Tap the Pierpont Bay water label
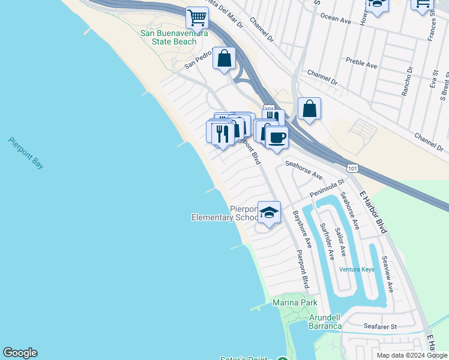coord(26,153)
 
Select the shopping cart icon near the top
coord(196,18)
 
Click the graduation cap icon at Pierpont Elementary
coord(270,212)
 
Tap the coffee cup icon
coord(277,137)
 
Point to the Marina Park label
coord(295,302)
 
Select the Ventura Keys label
coord(356,269)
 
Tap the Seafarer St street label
coord(381,327)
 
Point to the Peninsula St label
coord(327,188)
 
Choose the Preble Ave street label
coord(361,61)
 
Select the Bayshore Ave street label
coord(302,229)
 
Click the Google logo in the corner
coord(20,353)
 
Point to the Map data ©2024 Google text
coord(412,355)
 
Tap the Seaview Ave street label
coord(387,274)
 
